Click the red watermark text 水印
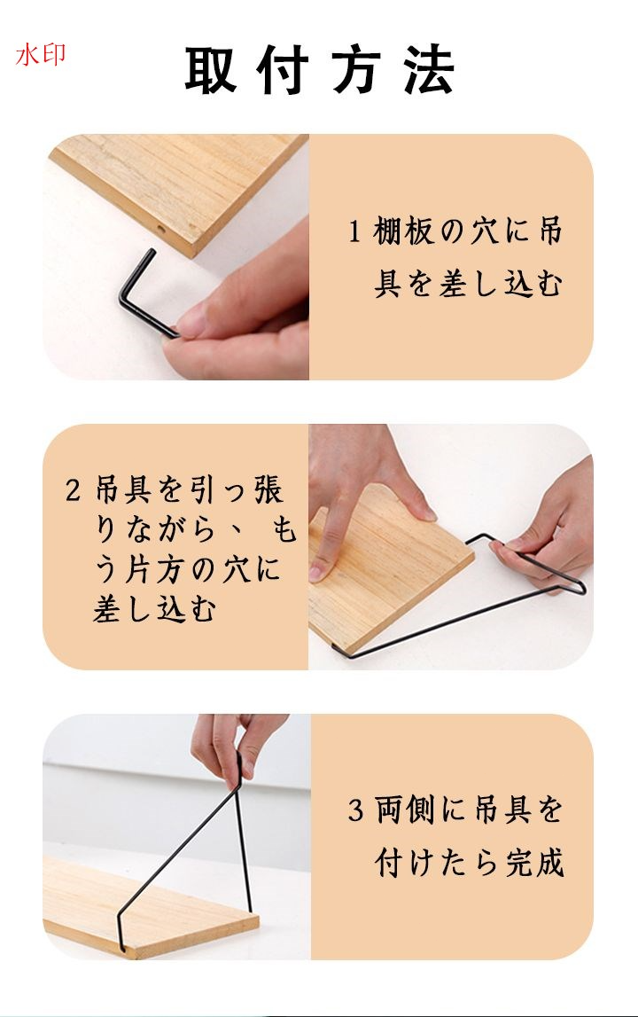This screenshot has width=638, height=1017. click(40, 54)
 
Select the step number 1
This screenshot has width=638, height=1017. click(354, 231)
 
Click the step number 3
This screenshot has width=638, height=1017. click(354, 810)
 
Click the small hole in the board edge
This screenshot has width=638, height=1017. click(160, 230)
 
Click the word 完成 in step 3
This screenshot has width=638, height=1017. click(535, 862)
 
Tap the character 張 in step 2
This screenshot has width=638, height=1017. click(268, 489)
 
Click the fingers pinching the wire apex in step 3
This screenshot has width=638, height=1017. click(237, 749)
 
